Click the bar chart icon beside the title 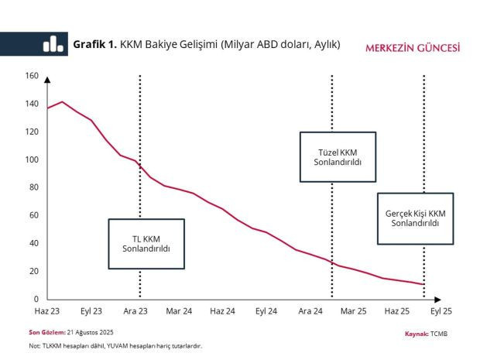click(53, 45)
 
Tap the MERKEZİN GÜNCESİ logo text click(413, 47)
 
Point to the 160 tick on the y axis click(32, 75)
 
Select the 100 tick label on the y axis click(32, 159)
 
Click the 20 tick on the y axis click(33, 271)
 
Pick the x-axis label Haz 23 click(47, 310)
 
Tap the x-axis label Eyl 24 click(267, 310)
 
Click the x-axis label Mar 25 click(354, 310)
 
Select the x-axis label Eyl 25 click(441, 310)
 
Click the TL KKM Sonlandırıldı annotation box click(146, 243)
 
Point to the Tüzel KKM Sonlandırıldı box click(338, 157)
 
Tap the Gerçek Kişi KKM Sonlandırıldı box click(415, 218)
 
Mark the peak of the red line click(62, 101)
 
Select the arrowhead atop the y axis click(47, 79)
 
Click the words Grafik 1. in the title click(94, 44)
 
